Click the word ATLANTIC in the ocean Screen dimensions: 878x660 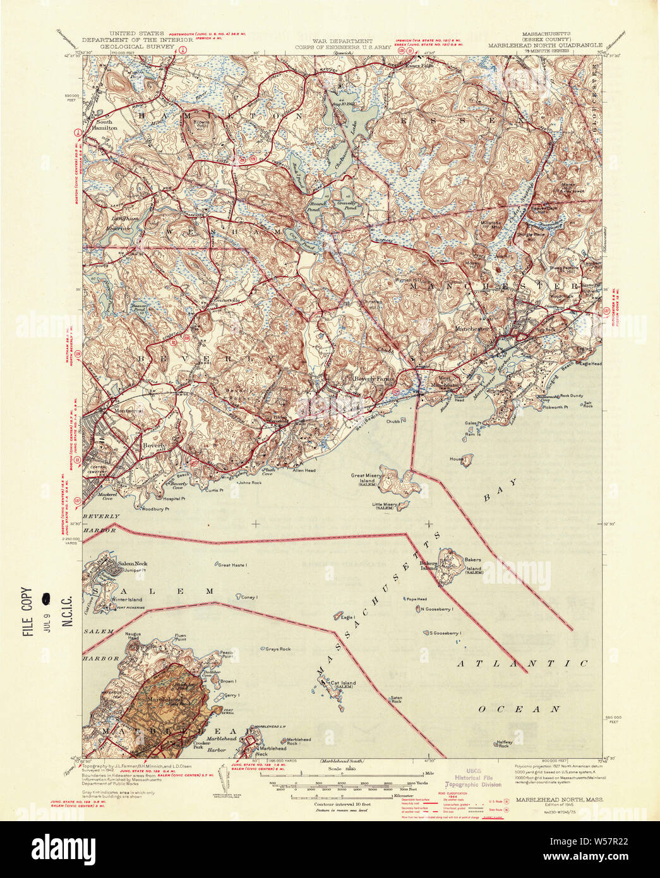522,664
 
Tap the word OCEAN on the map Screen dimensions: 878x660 519,709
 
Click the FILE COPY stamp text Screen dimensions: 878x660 27,611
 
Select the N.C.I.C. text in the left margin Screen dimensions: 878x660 66,610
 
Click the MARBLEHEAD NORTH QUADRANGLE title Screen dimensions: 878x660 545,45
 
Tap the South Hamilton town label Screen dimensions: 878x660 105,124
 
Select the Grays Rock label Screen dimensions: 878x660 278,649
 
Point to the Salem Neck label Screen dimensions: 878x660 132,563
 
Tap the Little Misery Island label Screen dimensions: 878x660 384,505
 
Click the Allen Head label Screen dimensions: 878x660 304,470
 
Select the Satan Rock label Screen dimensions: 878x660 396,699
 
